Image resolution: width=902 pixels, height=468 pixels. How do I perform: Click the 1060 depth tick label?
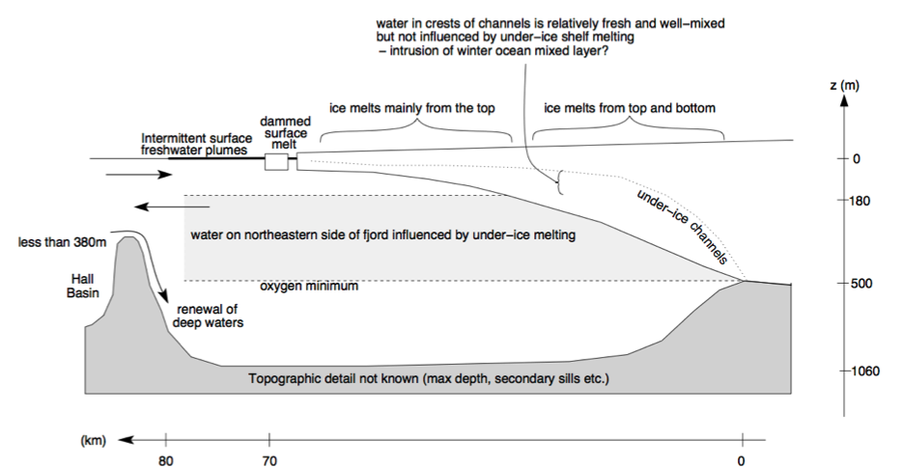pos(864,371)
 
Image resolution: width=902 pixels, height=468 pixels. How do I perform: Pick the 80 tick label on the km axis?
pos(166,460)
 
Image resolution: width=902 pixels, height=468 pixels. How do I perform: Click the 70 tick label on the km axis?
pos(269,460)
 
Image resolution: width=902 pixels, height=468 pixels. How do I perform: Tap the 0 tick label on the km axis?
pos(741,460)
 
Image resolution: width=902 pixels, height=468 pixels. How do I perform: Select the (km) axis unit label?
pos(93,441)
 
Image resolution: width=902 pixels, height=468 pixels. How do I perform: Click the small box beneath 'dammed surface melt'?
pos(276,161)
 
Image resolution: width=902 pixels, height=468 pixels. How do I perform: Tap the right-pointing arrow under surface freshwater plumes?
pos(139,175)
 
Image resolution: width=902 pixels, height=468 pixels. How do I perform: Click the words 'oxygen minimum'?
pos(310,288)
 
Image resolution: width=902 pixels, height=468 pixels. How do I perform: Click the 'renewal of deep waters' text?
pos(207,317)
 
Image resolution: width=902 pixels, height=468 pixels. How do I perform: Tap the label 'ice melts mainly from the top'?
pos(412,108)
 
